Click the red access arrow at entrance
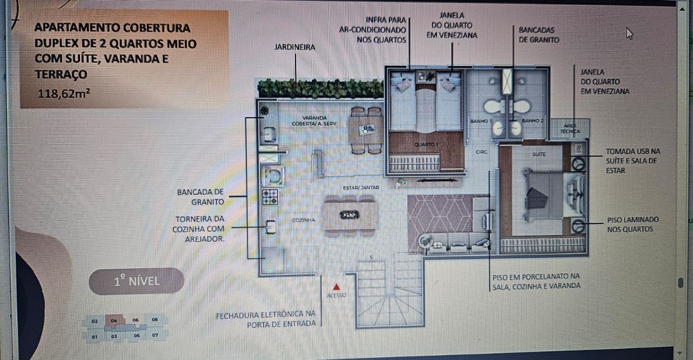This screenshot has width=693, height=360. pyautogui.click(x=336, y=287)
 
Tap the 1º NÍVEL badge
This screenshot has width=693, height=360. pyautogui.click(x=136, y=282)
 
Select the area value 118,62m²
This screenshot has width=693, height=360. pyautogui.click(x=64, y=93)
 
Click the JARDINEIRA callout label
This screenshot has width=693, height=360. pyautogui.click(x=295, y=48)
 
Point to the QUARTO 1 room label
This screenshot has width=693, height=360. pyautogui.click(x=426, y=145)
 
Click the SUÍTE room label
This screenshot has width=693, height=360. pyautogui.click(x=539, y=154)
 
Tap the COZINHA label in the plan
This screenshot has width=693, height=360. pyautogui.click(x=304, y=220)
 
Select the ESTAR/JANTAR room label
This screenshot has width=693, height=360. pyautogui.click(x=361, y=188)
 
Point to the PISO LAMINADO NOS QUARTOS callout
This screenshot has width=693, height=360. pyautogui.click(x=632, y=224)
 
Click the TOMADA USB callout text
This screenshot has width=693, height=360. pyautogui.click(x=632, y=161)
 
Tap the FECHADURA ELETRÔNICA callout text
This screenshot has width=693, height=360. pyautogui.click(x=265, y=318)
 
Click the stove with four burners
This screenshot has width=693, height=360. pyautogui.click(x=270, y=197)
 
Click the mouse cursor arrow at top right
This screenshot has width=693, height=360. pyautogui.click(x=629, y=33)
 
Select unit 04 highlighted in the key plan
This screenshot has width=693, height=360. pyautogui.click(x=114, y=320)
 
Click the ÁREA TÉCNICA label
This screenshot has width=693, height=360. pyautogui.click(x=571, y=128)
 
